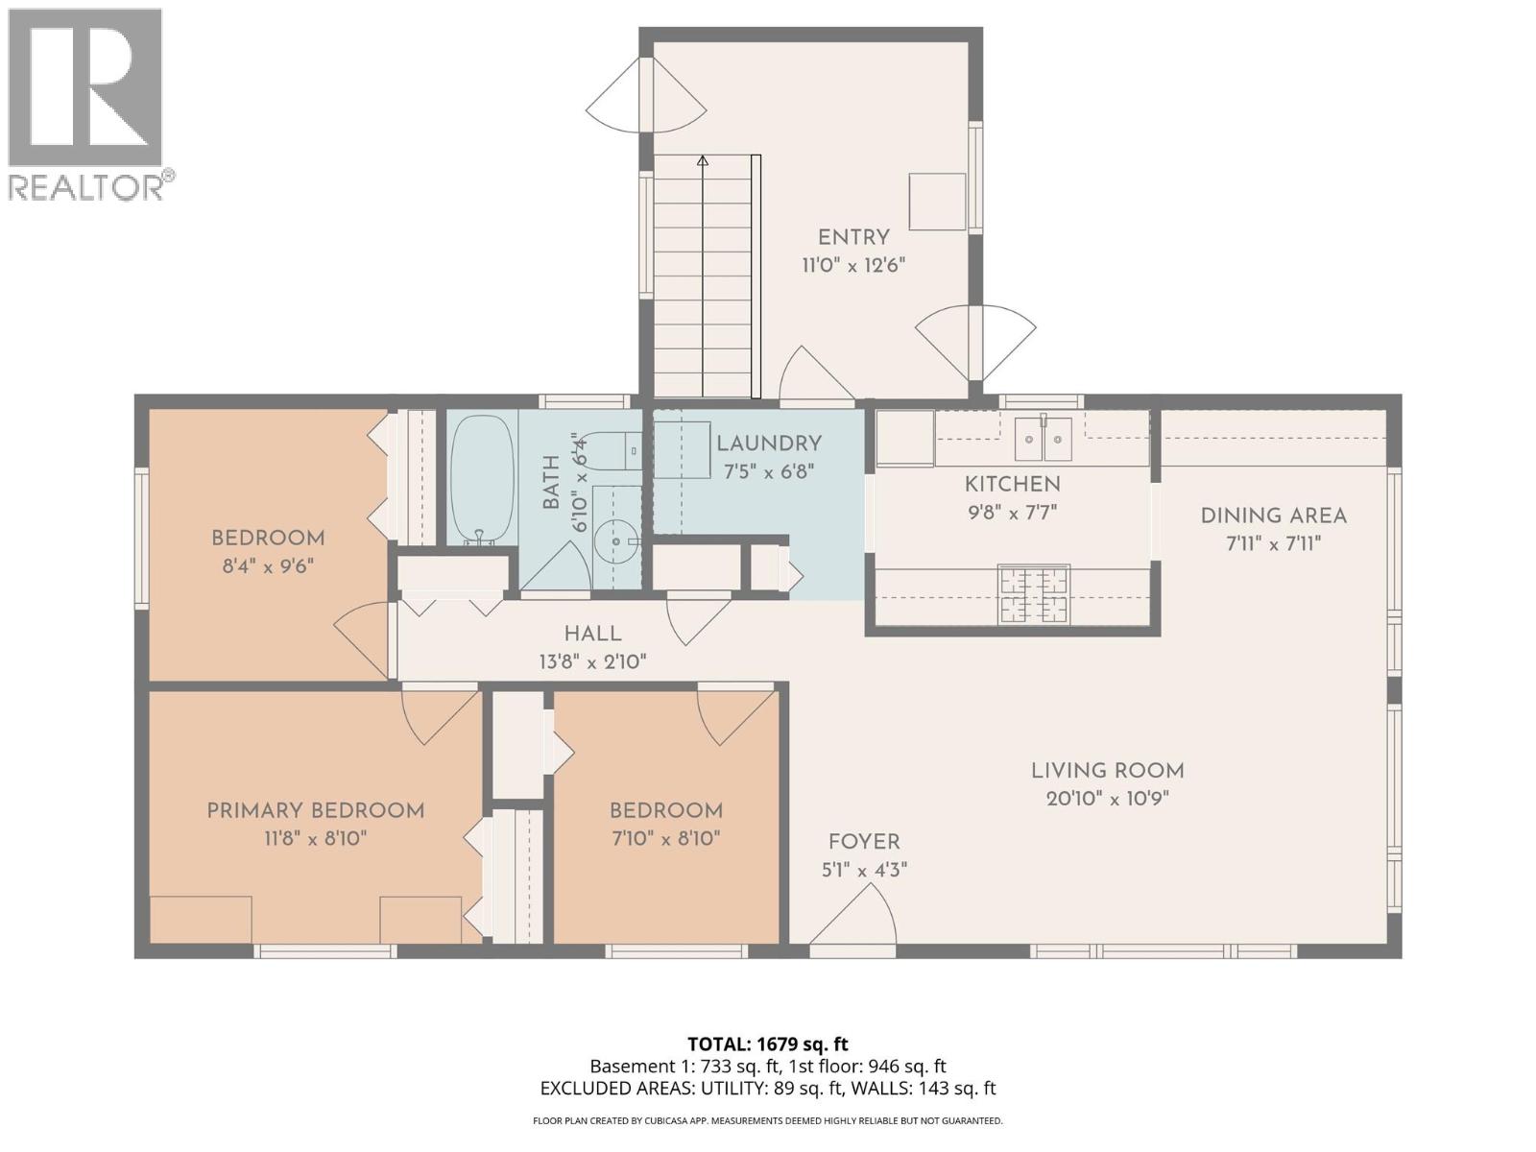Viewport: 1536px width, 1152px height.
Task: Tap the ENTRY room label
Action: (x=853, y=237)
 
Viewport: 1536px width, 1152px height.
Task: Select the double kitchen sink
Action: (x=1044, y=439)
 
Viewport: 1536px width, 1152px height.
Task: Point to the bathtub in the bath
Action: (x=482, y=477)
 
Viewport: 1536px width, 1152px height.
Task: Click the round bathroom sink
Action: (x=615, y=542)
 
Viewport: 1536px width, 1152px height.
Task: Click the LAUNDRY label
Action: (x=769, y=444)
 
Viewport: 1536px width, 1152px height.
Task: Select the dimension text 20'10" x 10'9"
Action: (x=1107, y=799)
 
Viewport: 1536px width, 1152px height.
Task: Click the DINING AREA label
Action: (x=1273, y=516)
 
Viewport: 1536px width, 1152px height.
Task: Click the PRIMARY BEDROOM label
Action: (x=316, y=811)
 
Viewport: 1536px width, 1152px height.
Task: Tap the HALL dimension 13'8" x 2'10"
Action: (x=592, y=661)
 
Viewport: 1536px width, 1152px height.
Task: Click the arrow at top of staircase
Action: (x=703, y=161)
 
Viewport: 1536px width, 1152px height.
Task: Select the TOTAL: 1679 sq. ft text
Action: (x=767, y=1044)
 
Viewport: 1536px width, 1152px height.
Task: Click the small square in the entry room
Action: (x=937, y=202)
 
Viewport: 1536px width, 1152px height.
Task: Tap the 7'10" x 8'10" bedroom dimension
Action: (x=665, y=838)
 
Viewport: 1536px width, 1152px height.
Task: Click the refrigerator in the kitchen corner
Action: (x=904, y=438)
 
